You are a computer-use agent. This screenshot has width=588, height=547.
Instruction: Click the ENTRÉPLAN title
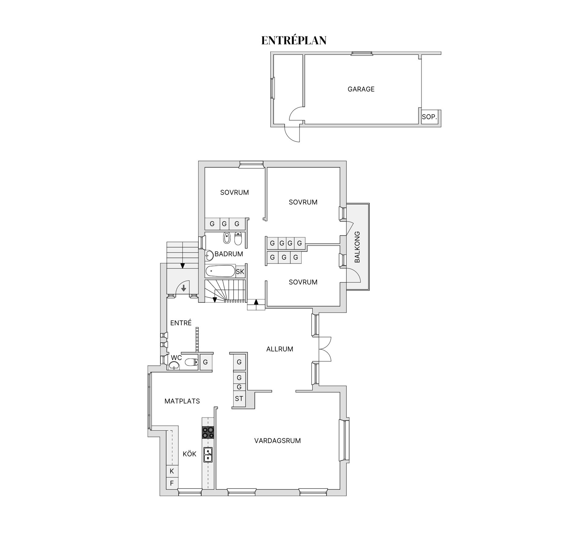[294, 40]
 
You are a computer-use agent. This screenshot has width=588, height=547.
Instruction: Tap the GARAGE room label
[361, 89]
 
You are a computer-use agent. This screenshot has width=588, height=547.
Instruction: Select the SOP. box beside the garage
[429, 117]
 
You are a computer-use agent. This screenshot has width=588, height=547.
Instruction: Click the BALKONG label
[357, 247]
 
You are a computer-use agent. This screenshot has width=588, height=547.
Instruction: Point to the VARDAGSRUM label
[277, 440]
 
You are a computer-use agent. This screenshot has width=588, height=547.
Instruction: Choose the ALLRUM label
[280, 349]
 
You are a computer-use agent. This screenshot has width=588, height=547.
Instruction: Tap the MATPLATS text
[182, 401]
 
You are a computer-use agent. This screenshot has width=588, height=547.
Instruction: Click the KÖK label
[189, 454]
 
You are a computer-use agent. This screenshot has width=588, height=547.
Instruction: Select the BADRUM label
[228, 254]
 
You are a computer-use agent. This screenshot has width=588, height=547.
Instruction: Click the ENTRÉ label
[181, 323]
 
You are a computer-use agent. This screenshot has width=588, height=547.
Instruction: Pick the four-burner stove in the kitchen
[208, 433]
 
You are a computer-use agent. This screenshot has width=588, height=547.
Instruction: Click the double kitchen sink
[208, 454]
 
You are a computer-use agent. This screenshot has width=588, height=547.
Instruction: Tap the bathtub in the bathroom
[220, 271]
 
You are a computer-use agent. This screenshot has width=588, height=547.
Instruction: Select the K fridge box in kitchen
[172, 471]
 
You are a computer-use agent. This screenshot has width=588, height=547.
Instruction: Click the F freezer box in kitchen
[172, 483]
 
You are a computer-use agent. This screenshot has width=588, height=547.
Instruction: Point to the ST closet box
[239, 399]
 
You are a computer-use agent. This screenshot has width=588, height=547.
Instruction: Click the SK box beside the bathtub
[240, 272]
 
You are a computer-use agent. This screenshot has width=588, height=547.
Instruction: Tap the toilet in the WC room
[191, 362]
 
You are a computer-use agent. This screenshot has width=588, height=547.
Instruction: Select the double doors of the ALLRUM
[325, 349]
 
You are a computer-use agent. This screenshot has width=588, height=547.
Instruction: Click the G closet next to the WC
[205, 362]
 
